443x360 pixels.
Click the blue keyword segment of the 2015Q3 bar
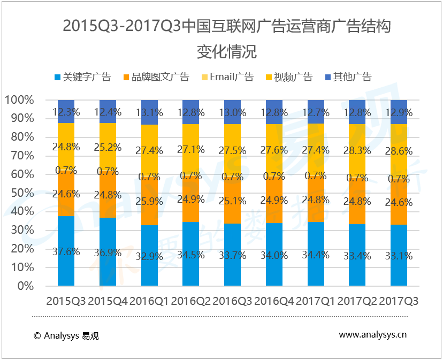(x=66, y=235)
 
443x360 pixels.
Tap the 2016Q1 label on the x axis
(x=149, y=302)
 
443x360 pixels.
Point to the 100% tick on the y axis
(x=20, y=100)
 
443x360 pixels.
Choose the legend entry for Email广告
(x=226, y=77)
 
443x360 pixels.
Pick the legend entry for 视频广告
(x=289, y=77)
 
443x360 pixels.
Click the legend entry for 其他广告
(x=348, y=77)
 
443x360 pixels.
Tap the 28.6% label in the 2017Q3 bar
(x=399, y=151)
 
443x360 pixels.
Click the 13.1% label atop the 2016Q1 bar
(x=149, y=112)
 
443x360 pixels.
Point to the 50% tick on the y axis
(x=22, y=193)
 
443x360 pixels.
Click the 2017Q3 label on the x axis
(x=399, y=302)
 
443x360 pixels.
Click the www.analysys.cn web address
(x=372, y=335)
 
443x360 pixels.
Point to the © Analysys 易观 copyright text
(x=66, y=335)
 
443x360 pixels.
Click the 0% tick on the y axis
(x=26, y=286)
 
